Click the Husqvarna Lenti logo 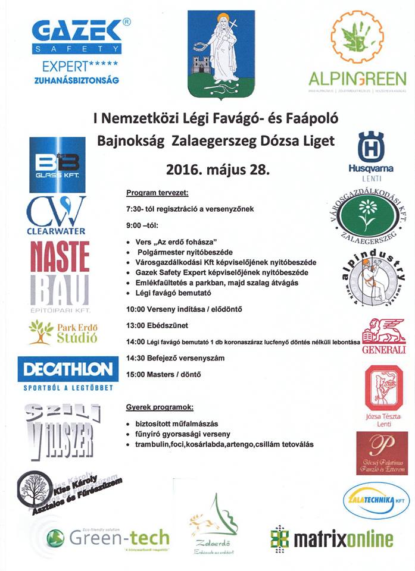pos(370,155)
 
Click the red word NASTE pos(60,258)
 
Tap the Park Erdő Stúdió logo pos(63,332)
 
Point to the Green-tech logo pos(107,538)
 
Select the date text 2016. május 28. pos(218,169)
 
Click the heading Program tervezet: pos(158,194)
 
